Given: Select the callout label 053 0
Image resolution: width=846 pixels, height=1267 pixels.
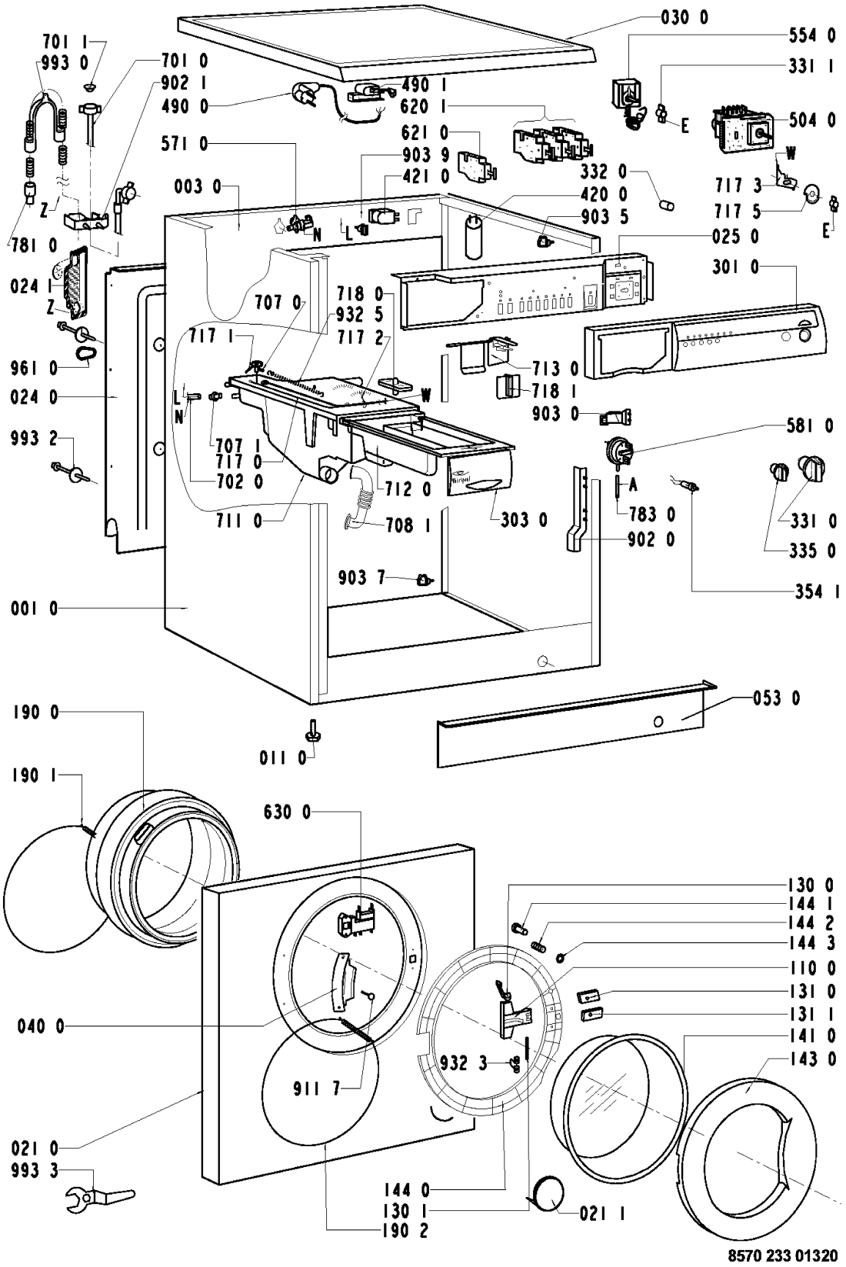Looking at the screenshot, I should pos(775,699).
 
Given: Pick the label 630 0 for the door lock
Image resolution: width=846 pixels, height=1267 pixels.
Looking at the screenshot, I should pos(287,812).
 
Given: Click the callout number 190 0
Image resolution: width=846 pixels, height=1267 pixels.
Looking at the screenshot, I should pos(35,713).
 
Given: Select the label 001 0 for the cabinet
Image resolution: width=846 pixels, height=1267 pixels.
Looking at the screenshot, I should pos(35,609).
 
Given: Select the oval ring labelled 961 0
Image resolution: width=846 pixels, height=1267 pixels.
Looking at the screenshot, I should pos(85,353).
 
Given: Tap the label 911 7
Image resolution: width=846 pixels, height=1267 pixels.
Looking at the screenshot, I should pos(314,1088).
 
